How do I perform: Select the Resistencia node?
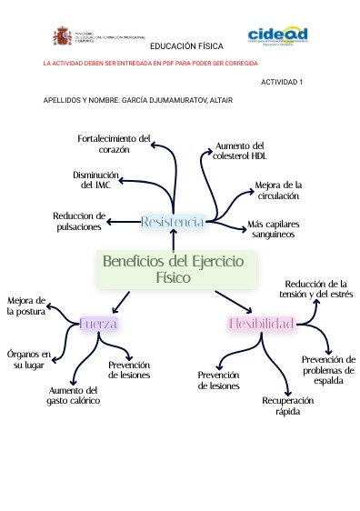(173, 221)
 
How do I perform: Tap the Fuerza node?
(98, 324)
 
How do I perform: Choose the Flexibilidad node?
(261, 324)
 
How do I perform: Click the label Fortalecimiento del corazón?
(115, 143)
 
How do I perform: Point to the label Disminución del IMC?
(95, 179)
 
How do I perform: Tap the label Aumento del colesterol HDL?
(239, 150)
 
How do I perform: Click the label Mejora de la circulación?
(277, 189)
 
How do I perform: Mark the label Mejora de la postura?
(25, 306)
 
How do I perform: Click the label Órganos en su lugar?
(29, 358)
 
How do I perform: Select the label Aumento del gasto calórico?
(75, 395)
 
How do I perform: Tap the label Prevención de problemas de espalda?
(328, 370)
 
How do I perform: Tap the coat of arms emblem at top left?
(63, 36)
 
